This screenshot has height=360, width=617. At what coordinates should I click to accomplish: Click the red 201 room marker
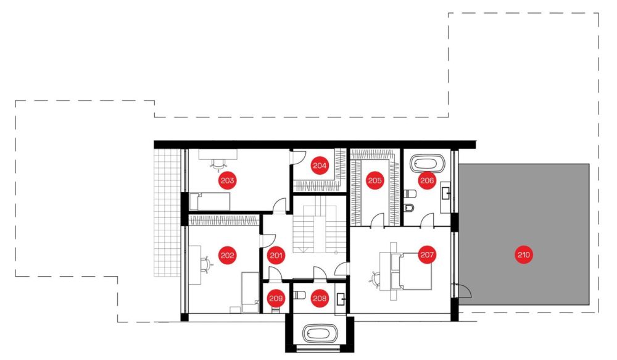(x=276, y=255)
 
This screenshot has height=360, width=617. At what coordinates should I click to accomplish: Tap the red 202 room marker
(x=228, y=255)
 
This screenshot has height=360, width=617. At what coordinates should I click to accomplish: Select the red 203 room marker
(x=228, y=180)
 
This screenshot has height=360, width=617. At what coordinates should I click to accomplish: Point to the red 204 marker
(x=320, y=165)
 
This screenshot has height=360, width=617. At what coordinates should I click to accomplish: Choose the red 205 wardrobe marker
(x=375, y=180)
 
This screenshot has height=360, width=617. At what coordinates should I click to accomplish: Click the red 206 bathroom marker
(x=427, y=180)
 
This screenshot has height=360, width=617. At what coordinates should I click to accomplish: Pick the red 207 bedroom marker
(x=427, y=254)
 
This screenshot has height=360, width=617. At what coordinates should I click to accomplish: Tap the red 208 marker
(x=320, y=298)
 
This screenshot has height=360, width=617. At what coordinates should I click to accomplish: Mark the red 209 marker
(x=276, y=298)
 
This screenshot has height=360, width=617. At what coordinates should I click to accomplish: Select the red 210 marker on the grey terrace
(x=524, y=254)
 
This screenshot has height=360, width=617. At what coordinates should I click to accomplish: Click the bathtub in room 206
(x=428, y=164)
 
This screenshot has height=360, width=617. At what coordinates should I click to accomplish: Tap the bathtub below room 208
(x=320, y=335)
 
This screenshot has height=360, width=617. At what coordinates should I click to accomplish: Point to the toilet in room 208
(x=299, y=295)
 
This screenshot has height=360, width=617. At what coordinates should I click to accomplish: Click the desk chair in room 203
(x=218, y=164)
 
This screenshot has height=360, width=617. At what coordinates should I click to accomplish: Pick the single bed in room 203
(x=210, y=201)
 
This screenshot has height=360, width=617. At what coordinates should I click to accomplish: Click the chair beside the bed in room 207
(x=375, y=278)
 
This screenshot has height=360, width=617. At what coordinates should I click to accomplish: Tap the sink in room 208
(x=341, y=300)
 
